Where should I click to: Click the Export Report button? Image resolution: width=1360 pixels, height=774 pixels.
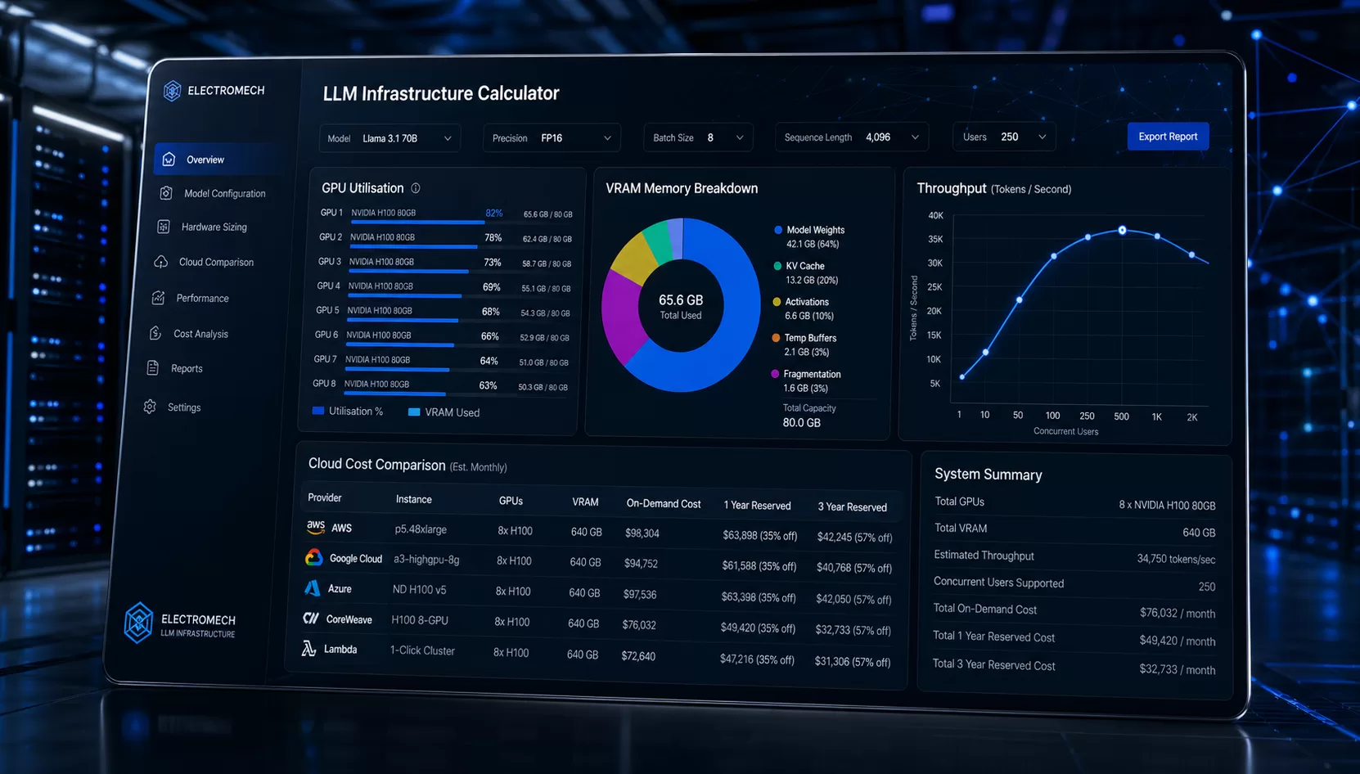pos(1167,137)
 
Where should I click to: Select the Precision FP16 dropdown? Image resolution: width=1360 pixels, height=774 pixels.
pos(552,138)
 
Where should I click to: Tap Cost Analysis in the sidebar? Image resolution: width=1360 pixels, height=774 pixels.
pos(200,334)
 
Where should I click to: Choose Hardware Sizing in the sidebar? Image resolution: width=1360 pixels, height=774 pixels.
pos(214,227)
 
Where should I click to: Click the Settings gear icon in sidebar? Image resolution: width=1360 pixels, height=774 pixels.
pos(150,407)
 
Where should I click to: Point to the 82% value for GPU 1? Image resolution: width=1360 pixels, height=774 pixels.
pos(493,213)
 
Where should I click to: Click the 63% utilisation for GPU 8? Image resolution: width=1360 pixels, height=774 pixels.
pos(488,385)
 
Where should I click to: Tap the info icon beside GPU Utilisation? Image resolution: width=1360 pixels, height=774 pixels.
pos(416,188)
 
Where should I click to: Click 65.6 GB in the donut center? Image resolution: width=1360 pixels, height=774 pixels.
pos(681,300)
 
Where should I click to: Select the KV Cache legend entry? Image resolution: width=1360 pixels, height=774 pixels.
pos(804,266)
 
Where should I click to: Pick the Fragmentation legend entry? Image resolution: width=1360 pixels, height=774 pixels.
pos(811,374)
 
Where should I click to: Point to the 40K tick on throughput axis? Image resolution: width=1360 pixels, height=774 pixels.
pos(935,216)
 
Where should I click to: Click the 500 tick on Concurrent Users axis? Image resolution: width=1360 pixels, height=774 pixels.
pos(1121,416)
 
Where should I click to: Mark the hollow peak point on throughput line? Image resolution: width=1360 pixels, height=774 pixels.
pos(1122,231)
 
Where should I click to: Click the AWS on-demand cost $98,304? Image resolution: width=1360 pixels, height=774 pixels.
pos(642,533)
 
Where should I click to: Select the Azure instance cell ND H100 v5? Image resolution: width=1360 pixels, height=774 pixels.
pos(419,590)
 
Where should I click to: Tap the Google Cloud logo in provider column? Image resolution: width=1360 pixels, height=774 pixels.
pos(313,558)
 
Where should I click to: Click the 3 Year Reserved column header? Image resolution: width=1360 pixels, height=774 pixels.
pos(852,506)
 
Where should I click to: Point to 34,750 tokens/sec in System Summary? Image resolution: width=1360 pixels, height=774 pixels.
pos(1175,559)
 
